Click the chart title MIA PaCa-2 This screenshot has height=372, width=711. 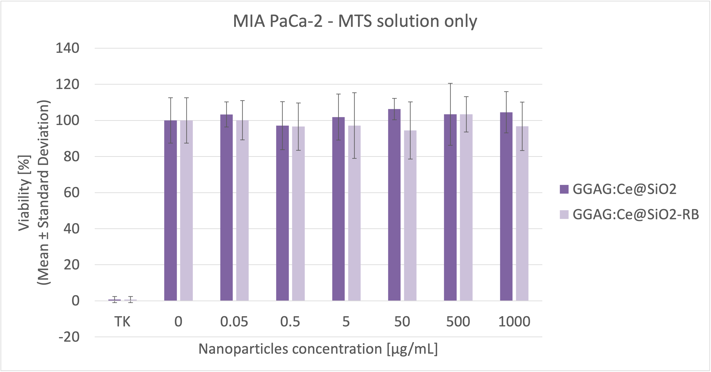355,21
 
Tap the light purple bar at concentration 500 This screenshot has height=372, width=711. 466,210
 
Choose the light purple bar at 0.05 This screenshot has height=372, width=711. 242,213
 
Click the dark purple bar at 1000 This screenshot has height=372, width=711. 506,210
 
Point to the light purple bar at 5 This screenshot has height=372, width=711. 354,215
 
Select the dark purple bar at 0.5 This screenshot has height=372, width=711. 282,215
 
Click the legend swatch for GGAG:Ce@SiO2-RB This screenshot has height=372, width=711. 564,215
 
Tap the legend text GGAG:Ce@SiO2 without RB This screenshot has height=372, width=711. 624,189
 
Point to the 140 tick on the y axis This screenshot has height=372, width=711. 68,48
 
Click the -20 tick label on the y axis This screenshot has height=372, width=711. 69,337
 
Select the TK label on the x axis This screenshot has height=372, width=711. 122,322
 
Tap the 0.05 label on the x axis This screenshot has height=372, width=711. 234,322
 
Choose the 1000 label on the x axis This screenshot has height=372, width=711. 514,322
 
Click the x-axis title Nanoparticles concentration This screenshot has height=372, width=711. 318,349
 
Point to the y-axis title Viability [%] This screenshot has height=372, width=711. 24,193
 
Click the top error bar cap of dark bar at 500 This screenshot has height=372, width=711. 450,83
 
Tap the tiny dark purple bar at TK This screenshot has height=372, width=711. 114,300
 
